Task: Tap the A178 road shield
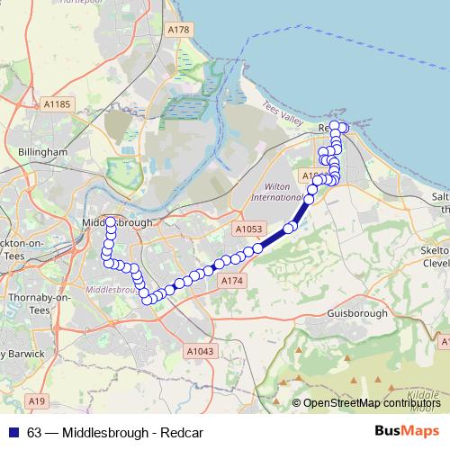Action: (x=179, y=31)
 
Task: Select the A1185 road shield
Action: (x=56, y=105)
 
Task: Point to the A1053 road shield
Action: (x=249, y=230)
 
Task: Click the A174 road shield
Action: (x=232, y=282)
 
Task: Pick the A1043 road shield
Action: (x=199, y=350)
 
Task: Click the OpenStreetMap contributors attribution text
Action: (x=369, y=403)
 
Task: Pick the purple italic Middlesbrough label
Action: (x=112, y=292)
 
